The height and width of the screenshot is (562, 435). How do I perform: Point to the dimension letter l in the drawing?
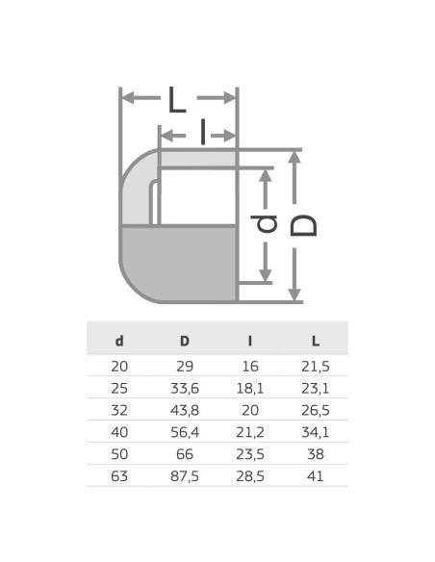[x=203, y=132]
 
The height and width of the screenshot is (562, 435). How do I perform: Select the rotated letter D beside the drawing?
[x=306, y=225]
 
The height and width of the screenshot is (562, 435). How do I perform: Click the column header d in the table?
[x=119, y=340]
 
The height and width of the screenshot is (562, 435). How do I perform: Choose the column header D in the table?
[x=185, y=340]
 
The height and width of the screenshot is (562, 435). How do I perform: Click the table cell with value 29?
[x=185, y=367]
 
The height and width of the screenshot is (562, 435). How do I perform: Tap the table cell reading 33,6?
[x=185, y=388]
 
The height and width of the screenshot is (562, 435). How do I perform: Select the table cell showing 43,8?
[x=185, y=409]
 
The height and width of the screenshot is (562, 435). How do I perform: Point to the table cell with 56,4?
[x=185, y=431]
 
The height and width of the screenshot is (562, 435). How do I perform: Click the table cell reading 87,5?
[x=185, y=474]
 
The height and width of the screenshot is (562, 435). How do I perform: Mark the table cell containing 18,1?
[x=249, y=388]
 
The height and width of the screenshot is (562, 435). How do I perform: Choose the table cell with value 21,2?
[x=249, y=431]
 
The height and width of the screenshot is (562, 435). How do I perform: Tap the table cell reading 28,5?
[x=249, y=474]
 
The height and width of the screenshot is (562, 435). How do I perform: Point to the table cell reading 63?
[x=119, y=474]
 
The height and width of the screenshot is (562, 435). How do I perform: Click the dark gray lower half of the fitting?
[x=179, y=263]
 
